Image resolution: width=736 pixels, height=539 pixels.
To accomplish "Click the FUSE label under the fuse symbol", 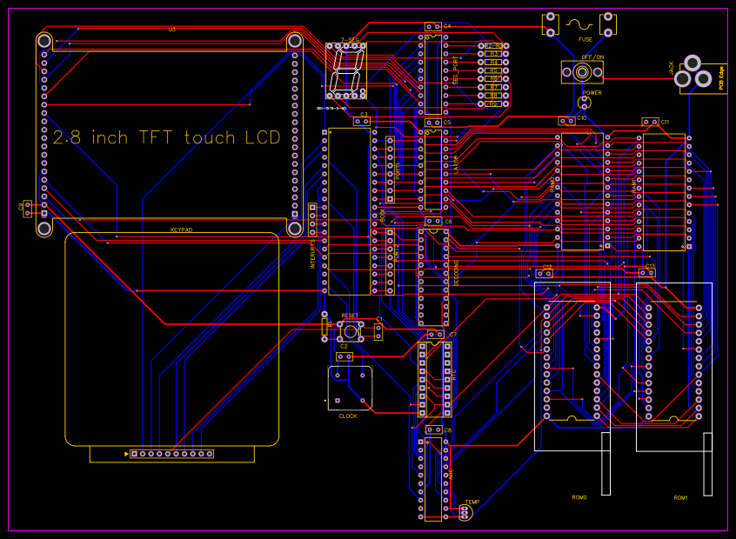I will pyautogui.click(x=585, y=39).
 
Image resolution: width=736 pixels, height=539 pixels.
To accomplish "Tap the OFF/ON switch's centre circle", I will pyautogui.click(x=585, y=72).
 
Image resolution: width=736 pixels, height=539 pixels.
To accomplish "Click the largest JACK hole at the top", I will pyautogui.click(x=693, y=63).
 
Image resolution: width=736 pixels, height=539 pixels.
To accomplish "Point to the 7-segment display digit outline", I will pyautogui.click(x=346, y=70).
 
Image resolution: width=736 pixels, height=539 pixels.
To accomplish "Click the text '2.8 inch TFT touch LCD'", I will pyautogui.click(x=167, y=137).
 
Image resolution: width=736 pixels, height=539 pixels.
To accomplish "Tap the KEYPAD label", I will pyautogui.click(x=181, y=230).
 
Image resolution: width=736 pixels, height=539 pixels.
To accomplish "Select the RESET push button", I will pyautogui.click(x=350, y=330).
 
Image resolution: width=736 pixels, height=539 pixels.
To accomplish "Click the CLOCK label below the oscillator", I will pyautogui.click(x=348, y=416).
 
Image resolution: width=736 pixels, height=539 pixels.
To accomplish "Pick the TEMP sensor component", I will pyautogui.click(x=464, y=514).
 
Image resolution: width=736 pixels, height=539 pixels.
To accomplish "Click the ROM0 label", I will pyautogui.click(x=579, y=498).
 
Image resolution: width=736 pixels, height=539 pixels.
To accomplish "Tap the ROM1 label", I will pyautogui.click(x=680, y=498).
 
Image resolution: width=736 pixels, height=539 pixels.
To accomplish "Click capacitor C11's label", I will pyautogui.click(x=665, y=122).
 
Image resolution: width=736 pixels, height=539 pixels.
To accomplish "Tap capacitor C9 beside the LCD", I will pyautogui.click(x=27, y=209).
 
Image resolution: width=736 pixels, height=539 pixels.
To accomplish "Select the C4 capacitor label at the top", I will pyautogui.click(x=447, y=26).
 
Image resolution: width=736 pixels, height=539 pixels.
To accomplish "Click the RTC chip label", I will pyautogui.click(x=454, y=374).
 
